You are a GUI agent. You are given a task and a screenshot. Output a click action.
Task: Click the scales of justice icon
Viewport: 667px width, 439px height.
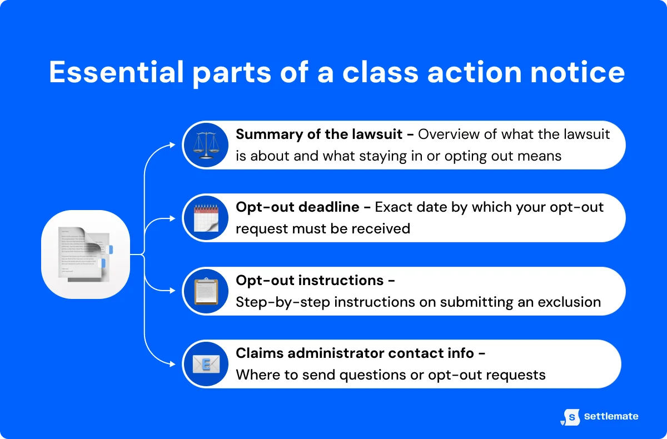[206, 146]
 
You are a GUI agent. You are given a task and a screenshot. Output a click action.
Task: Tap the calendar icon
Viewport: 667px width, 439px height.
[206, 218]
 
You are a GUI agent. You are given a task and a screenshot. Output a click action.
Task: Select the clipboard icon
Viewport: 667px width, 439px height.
[206, 291]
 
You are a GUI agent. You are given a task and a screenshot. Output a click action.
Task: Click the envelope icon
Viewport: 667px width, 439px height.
[206, 364]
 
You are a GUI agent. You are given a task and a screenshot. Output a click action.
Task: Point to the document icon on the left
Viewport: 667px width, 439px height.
[86, 255]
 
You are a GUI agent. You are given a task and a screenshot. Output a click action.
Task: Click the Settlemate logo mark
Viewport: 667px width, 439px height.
[570, 417]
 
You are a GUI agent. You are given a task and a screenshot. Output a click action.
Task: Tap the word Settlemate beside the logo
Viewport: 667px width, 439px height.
[611, 416]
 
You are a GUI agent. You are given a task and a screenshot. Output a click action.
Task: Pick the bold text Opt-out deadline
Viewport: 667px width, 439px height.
[297, 207]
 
